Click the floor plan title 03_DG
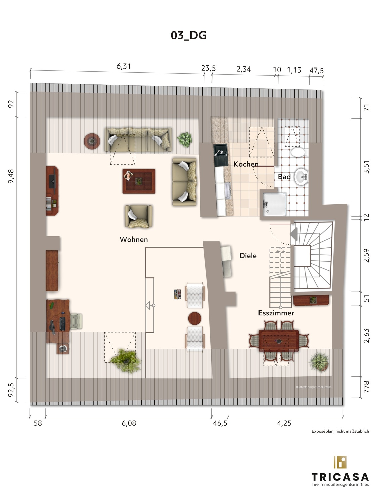pos(189,35)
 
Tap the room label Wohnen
pos(134,239)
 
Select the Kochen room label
pos(246,164)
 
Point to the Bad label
pos(284,177)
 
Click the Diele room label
pos(248,256)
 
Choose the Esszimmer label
pos(276,313)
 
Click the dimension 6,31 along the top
pos(124,66)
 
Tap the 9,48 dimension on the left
pos(11,176)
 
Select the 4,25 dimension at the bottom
pos(284,423)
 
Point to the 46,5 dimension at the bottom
pos(220,423)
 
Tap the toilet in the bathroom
pos(298,152)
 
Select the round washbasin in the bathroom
pos(301,176)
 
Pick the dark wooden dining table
pos(279,341)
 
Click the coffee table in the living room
pos(139,181)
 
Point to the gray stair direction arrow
pos(294,234)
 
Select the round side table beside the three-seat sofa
pos(92,141)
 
